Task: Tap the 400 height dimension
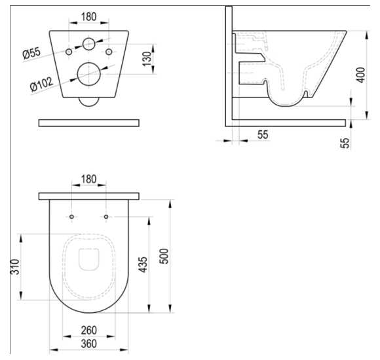pyautogui.click(x=359, y=75)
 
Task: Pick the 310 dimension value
pyautogui.click(x=13, y=266)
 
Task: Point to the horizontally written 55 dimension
pyautogui.click(x=262, y=134)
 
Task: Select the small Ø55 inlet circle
pyautogui.click(x=88, y=46)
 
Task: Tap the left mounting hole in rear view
pyautogui.click(x=68, y=51)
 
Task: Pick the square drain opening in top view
pyautogui.click(x=88, y=259)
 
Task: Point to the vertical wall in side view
pyautogui.click(x=229, y=65)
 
